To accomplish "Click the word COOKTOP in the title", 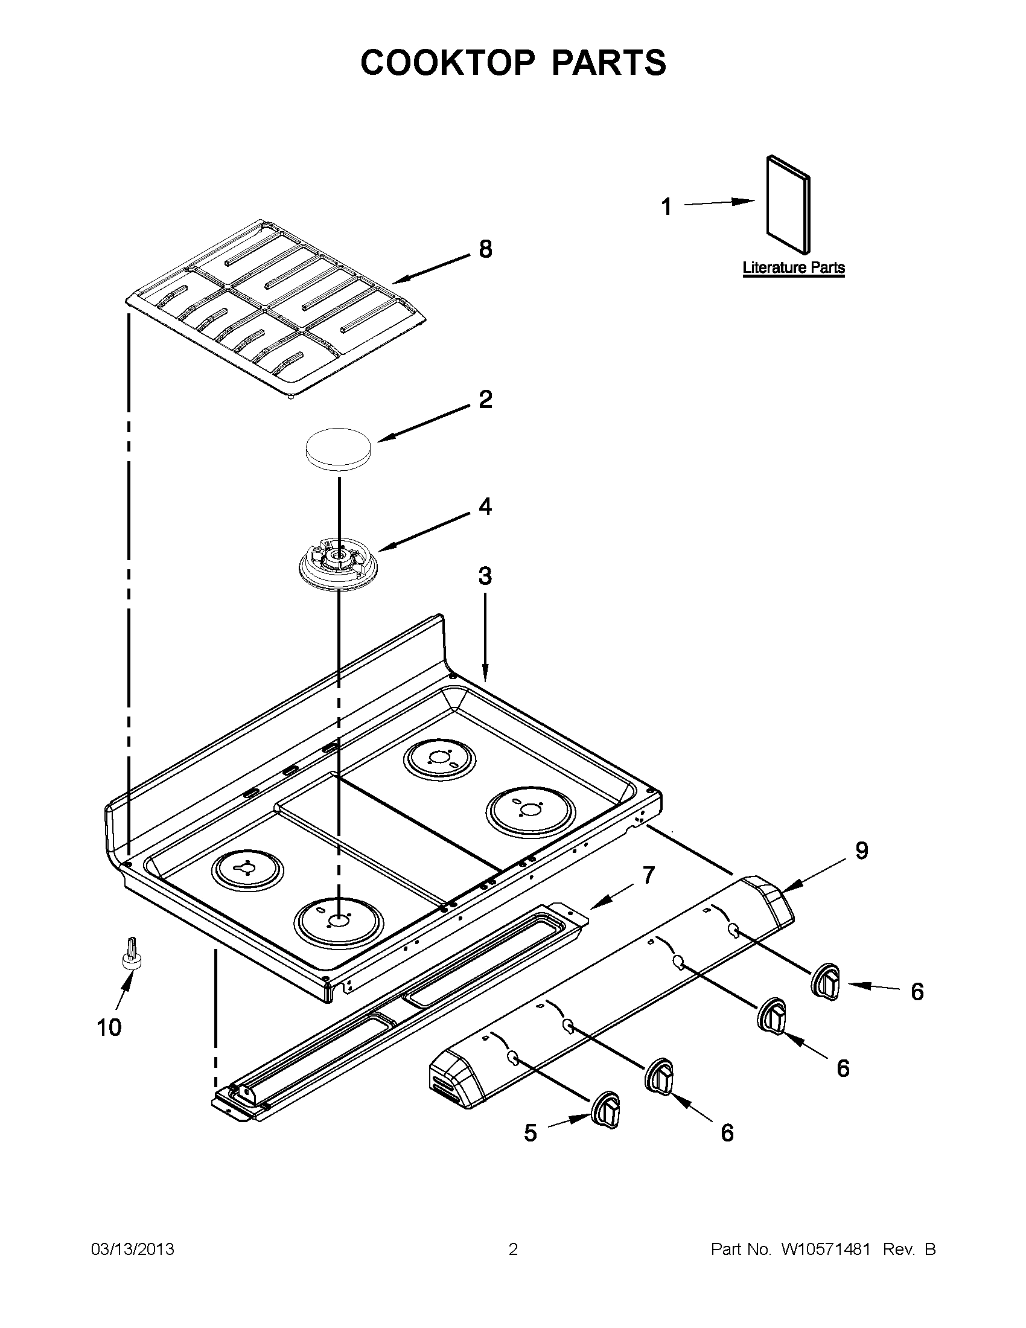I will coord(447,63).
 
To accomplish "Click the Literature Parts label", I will coord(793,267).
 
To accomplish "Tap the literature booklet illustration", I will coord(788,205).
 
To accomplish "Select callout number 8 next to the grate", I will coord(485,249).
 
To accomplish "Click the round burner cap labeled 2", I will coord(339,449).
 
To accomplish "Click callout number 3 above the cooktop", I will coord(485,576).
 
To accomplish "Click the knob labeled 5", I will coord(605,1112).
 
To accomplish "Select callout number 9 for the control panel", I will coord(861,851).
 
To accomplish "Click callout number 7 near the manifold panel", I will coord(649,875).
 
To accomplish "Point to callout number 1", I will coord(667,207).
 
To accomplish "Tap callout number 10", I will coord(109,1027).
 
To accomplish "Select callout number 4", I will coord(485,506).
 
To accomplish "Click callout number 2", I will coord(485,400).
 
